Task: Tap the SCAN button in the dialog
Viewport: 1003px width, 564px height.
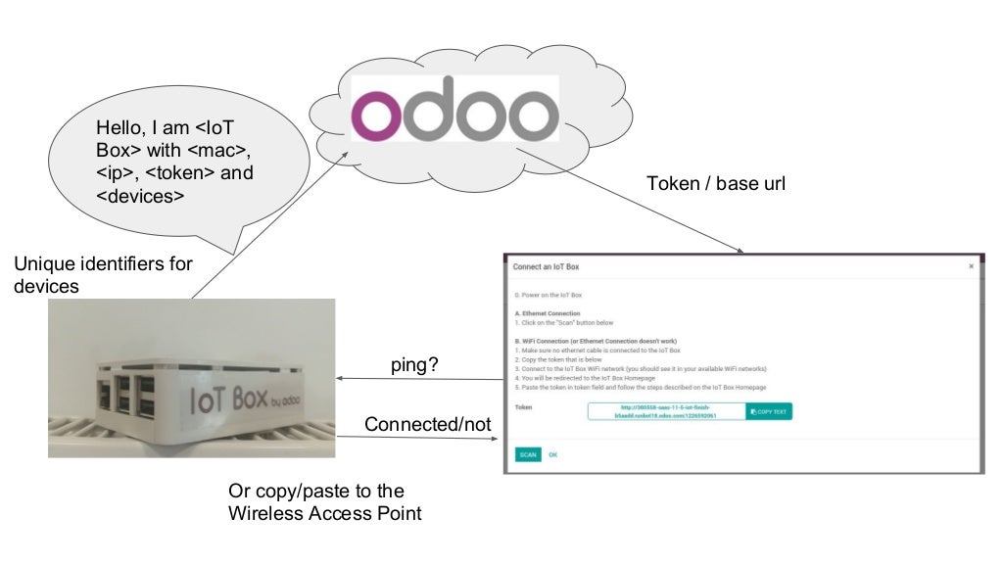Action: coord(527,454)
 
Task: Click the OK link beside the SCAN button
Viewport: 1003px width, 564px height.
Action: coord(552,454)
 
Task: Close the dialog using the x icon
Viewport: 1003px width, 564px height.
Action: coord(971,265)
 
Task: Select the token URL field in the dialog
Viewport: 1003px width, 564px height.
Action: coord(666,411)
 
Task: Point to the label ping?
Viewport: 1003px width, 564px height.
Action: coord(414,364)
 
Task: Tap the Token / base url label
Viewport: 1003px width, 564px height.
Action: coord(716,184)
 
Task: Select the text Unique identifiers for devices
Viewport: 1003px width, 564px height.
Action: coord(103,275)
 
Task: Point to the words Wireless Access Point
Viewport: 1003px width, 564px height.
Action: coord(324,512)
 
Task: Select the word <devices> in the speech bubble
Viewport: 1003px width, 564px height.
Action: coord(140,196)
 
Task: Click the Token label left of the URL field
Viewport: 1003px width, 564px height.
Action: coord(523,406)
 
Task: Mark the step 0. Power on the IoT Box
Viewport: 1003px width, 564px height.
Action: coord(549,294)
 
